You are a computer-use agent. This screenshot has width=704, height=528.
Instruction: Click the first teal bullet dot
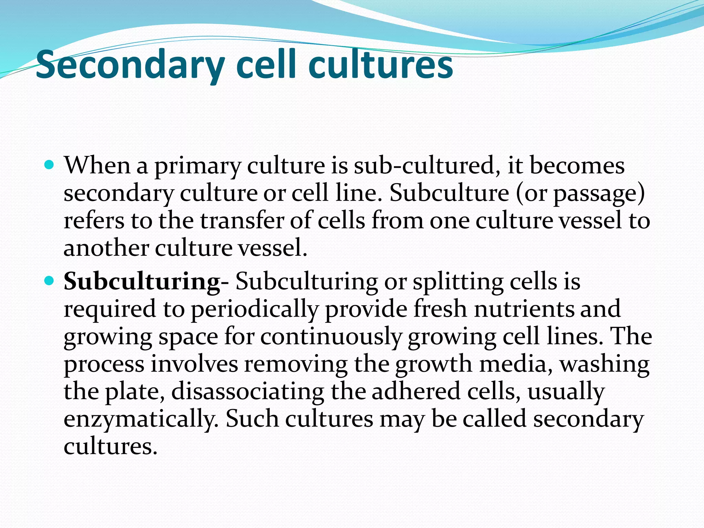pyautogui.click(x=49, y=165)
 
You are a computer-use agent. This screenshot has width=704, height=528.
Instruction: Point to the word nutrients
pyautogui.click(x=524, y=309)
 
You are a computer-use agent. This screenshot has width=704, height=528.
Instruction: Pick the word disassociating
pyautogui.click(x=247, y=392)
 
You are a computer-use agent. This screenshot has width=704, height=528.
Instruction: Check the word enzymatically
pyautogui.click(x=141, y=420)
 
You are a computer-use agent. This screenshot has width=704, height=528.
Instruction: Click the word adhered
pyautogui.click(x=416, y=392)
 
